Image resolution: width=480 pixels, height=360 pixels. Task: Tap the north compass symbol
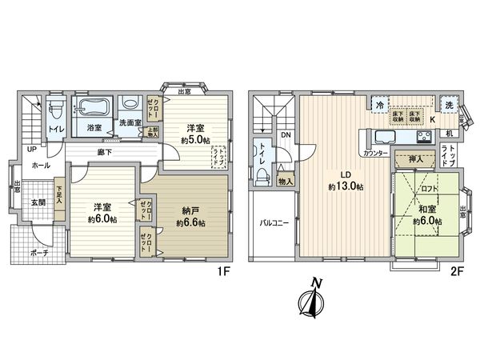(314, 302)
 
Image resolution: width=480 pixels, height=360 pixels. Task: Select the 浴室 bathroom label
(94, 127)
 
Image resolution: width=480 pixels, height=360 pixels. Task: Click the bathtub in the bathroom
(94, 108)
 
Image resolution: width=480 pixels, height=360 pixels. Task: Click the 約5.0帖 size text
(194, 140)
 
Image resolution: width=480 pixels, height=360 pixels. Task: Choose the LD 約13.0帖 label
(346, 181)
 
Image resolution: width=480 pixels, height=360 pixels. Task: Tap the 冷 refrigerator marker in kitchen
(378, 104)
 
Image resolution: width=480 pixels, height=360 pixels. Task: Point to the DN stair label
(286, 135)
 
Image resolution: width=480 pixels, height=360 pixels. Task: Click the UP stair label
(31, 150)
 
